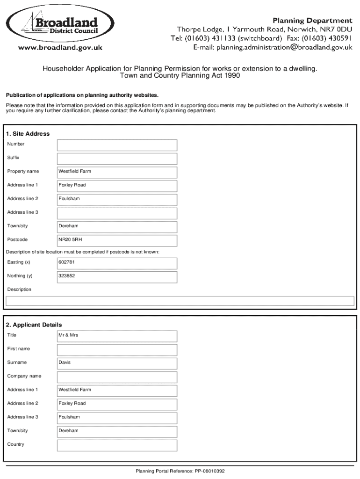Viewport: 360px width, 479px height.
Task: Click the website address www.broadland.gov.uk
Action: point(60,47)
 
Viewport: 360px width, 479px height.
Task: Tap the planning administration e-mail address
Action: point(273,47)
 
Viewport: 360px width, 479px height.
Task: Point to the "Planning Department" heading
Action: point(312,21)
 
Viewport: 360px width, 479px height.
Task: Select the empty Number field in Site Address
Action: point(117,145)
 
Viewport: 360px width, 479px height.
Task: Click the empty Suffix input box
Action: point(117,159)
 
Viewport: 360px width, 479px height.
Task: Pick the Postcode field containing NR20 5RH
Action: point(117,240)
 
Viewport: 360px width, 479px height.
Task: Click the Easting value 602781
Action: point(117,263)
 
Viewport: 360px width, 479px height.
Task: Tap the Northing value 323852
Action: point(117,277)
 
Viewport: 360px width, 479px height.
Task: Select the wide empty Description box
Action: point(180,301)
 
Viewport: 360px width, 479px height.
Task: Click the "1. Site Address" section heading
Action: point(28,134)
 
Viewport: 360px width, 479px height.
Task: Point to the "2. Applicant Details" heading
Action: point(34,325)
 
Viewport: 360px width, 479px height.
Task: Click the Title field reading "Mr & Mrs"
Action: point(117,336)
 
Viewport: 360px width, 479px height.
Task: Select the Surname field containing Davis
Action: point(117,363)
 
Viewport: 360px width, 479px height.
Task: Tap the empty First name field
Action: point(117,350)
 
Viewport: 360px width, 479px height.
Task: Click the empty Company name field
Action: point(117,377)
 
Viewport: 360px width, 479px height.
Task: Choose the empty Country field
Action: point(117,445)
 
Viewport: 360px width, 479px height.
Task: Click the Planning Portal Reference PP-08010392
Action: point(180,471)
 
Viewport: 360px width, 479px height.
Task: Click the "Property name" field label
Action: point(23,172)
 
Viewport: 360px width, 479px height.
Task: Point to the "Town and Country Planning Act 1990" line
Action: point(180,75)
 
